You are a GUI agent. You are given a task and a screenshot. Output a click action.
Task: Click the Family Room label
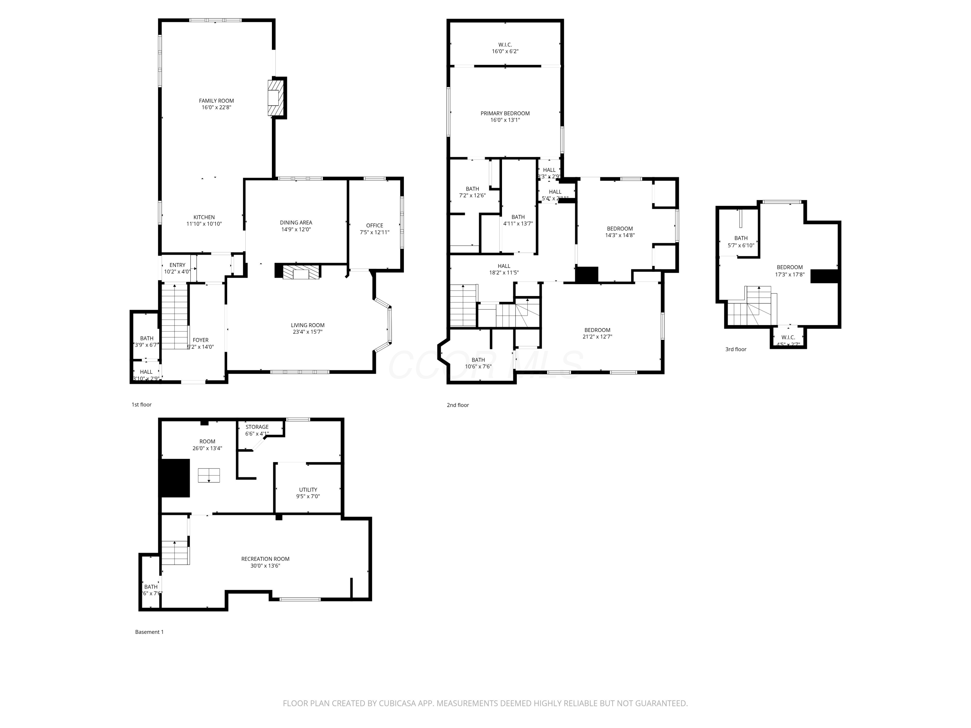217,101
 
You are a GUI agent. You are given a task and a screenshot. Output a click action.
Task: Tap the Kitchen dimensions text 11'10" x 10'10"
204,224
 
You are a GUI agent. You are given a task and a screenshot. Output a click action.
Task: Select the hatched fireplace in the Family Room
276,97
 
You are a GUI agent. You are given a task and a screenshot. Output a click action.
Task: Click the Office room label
374,226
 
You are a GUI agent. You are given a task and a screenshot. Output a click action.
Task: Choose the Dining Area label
296,223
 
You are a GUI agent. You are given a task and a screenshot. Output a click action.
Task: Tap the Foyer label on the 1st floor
201,340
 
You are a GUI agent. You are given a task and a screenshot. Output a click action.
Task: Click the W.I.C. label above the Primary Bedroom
505,45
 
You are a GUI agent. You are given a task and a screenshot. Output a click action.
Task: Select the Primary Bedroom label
505,113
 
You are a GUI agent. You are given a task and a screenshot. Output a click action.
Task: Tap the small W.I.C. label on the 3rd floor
788,337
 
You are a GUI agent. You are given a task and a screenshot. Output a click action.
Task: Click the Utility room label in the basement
308,490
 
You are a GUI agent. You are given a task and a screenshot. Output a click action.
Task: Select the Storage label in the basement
257,427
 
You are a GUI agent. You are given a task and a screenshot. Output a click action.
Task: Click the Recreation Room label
265,559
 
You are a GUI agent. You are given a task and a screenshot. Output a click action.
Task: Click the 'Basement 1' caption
149,632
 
